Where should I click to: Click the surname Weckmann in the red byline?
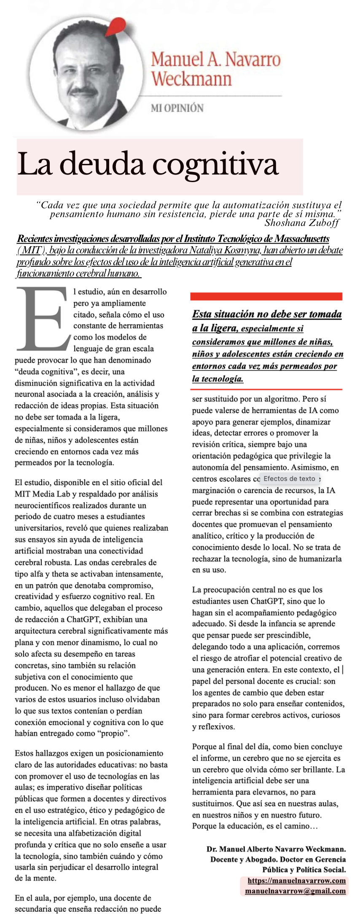(x=191, y=79)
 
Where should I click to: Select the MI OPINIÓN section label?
(x=177, y=108)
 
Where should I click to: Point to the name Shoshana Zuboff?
(x=302, y=223)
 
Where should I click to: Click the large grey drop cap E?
(x=42, y=319)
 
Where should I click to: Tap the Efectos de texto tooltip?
(x=289, y=478)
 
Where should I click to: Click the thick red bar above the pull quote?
(x=266, y=297)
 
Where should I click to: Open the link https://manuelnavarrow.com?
(x=296, y=880)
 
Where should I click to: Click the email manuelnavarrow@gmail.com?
(x=295, y=891)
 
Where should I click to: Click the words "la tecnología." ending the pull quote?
(x=218, y=379)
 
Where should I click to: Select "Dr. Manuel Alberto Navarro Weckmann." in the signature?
(x=276, y=849)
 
